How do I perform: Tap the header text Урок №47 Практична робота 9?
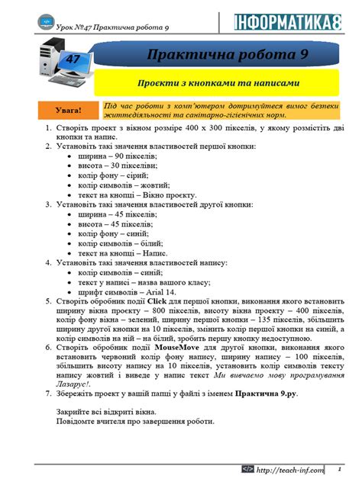tap(111, 27)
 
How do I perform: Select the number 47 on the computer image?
tap(73, 59)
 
